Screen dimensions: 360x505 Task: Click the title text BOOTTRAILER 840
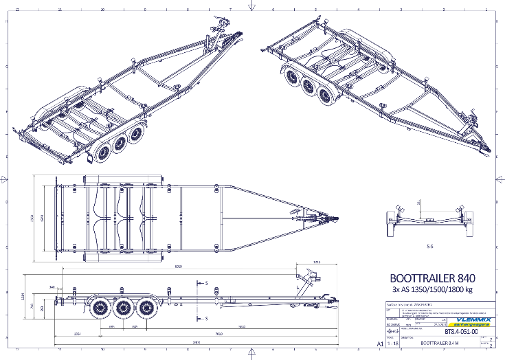[x=431, y=280]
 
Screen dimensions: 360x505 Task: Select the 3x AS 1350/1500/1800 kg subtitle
[x=431, y=292]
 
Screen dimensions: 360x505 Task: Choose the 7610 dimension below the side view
[x=218, y=335]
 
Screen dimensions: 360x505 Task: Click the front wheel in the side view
[x=146, y=309]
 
